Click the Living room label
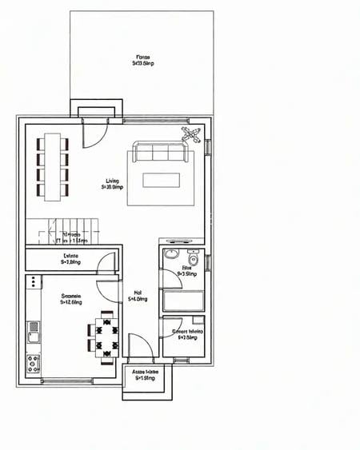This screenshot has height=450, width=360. click(112, 185)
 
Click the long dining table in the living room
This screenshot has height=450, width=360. click(53, 166)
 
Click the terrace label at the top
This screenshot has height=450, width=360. click(142, 61)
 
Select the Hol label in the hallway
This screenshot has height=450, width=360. click(138, 296)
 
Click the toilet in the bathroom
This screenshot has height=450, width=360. click(193, 260)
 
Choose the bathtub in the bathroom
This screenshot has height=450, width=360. click(183, 301)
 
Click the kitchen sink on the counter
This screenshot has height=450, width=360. click(33, 326)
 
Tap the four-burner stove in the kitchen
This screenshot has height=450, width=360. click(34, 363)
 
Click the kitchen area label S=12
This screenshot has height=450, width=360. click(71, 299)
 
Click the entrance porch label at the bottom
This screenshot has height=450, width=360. click(145, 375)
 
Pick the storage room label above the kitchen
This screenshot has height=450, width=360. click(70, 259)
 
